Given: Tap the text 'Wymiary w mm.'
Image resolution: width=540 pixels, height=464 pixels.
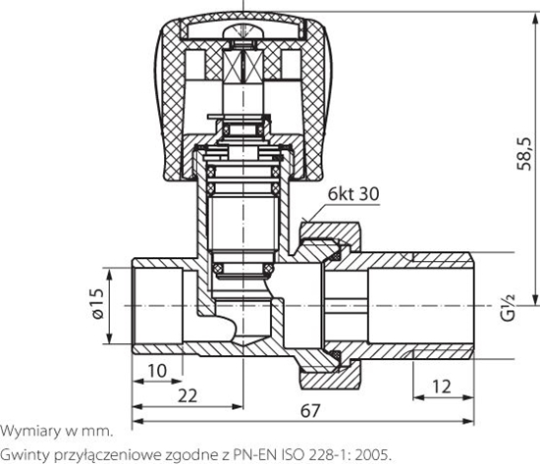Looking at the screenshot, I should (56, 431).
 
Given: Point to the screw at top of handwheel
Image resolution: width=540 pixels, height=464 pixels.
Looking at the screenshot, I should (238, 33).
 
